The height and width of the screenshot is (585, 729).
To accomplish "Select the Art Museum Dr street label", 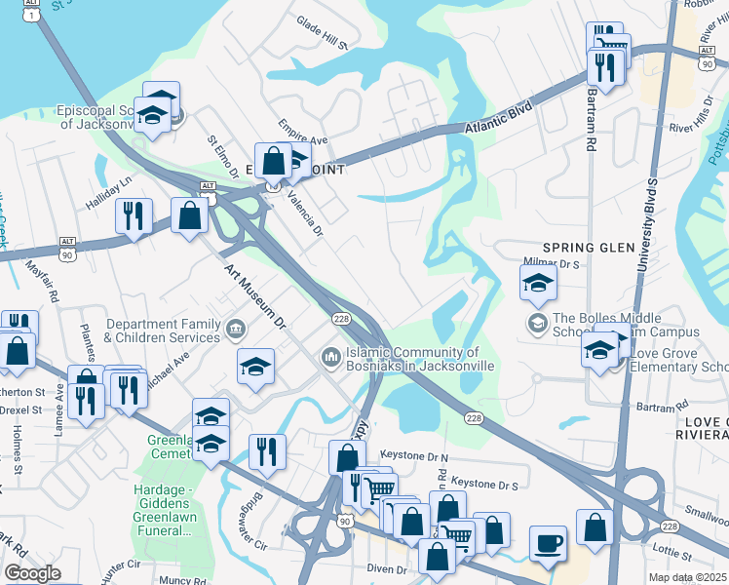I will click(x=257, y=295).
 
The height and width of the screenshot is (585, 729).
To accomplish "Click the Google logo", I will click(x=32, y=572).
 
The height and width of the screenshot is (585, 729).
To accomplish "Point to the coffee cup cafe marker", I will click(x=548, y=543).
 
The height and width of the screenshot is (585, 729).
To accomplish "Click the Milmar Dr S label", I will click(x=554, y=263).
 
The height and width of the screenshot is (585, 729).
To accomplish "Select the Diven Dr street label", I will click(x=387, y=568).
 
